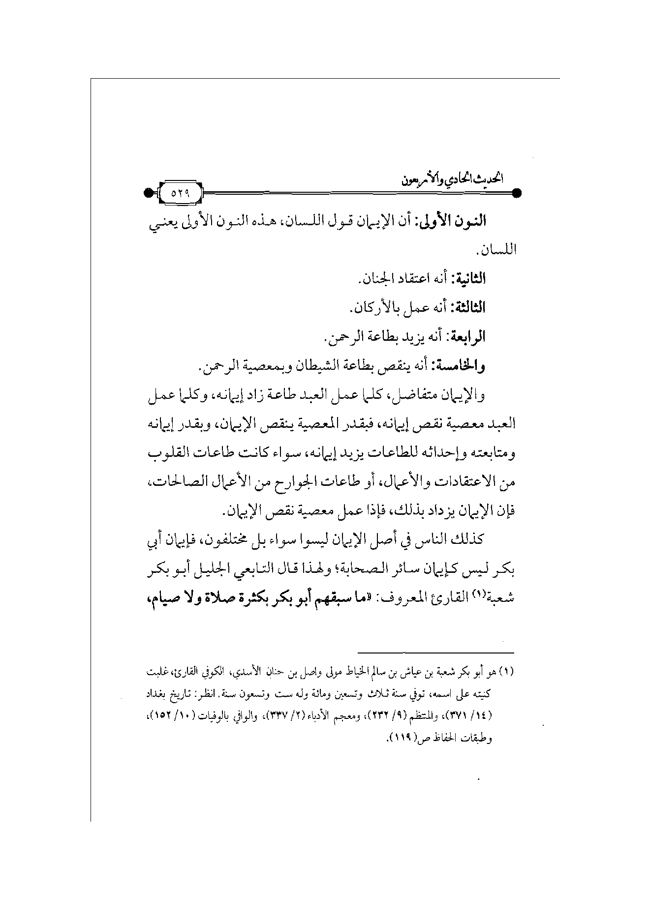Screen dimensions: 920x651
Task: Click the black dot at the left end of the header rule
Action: [148, 193]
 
